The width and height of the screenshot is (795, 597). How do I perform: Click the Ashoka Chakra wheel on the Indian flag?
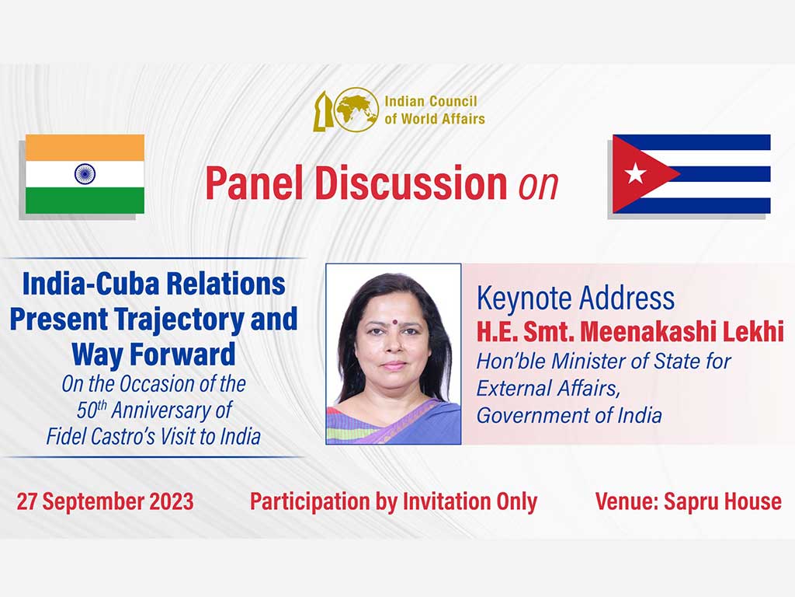(x=85, y=173)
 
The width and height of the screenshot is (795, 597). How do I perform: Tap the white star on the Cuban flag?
(x=635, y=173)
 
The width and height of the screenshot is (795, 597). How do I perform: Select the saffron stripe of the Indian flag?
(x=85, y=148)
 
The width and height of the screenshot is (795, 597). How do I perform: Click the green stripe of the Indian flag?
(x=85, y=200)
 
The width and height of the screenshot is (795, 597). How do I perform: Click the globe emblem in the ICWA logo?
(x=357, y=110)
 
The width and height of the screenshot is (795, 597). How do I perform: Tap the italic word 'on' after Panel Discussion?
(x=538, y=185)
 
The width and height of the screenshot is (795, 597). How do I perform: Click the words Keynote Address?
(x=575, y=298)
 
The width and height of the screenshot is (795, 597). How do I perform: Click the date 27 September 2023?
(x=105, y=501)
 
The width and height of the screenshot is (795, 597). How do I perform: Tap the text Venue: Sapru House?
(x=688, y=501)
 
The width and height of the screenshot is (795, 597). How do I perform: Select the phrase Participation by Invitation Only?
(x=394, y=501)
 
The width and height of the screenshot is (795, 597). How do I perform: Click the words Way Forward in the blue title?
(x=153, y=354)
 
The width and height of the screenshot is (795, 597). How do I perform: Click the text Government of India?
(x=569, y=415)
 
